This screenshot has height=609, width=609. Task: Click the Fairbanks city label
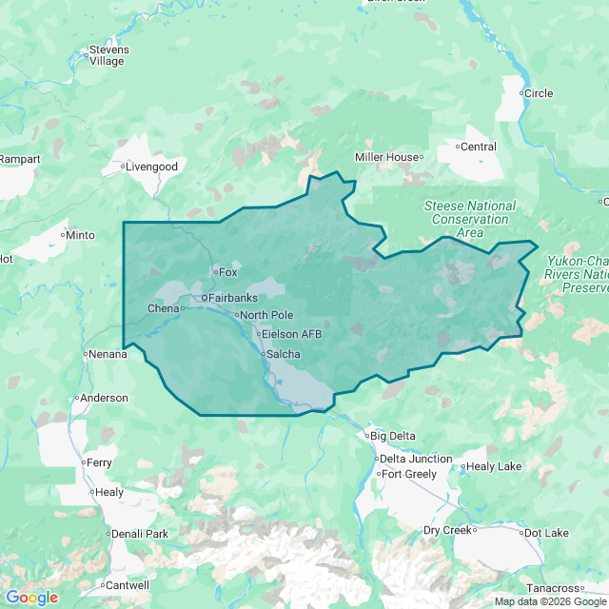[231, 298]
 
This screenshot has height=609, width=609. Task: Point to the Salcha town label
[283, 354]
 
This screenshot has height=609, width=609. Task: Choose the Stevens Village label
[108, 55]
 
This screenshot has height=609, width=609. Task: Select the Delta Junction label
[416, 459]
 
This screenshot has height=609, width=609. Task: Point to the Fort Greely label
[409, 474]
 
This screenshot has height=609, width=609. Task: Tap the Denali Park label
[140, 534]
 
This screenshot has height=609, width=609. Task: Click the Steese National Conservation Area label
[470, 219]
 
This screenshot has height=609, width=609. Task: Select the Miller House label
[387, 157]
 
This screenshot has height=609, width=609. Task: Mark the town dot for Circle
[522, 93]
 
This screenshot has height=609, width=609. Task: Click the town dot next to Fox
[215, 272]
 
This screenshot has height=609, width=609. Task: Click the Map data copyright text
[549, 601]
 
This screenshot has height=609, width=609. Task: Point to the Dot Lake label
[549, 532]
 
